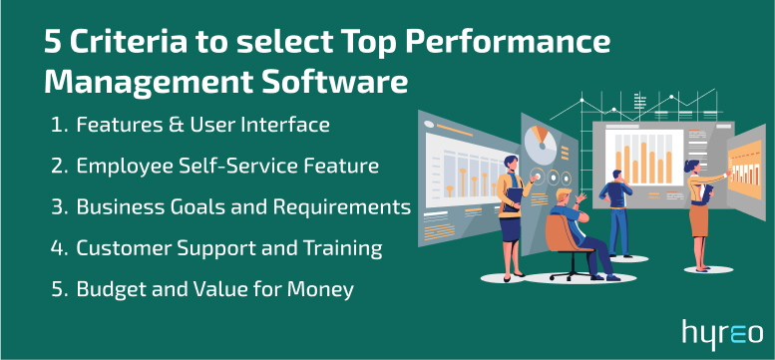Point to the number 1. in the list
tap(58, 126)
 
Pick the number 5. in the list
tap(58, 290)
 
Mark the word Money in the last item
tap(325, 290)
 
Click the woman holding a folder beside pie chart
tap(510, 199)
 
